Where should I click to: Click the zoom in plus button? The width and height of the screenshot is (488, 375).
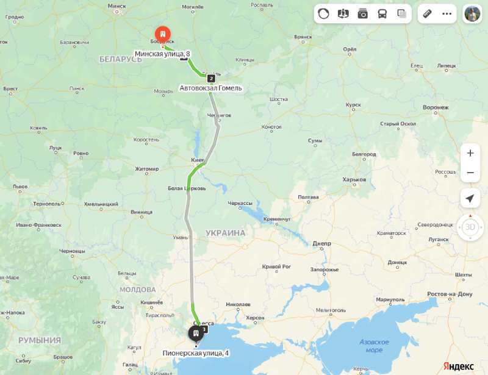[x=470, y=153]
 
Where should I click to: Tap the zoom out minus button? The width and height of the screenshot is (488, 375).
[x=470, y=173]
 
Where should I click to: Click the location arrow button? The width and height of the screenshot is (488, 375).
[x=470, y=198]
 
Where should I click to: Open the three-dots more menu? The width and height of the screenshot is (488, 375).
[x=447, y=13]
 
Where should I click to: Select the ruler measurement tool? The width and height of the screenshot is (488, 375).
[x=427, y=13]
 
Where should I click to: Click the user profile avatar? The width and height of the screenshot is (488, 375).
[x=472, y=13]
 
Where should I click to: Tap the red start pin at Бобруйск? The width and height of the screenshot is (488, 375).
[x=162, y=34]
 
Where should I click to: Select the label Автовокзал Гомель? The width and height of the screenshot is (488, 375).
[x=210, y=88]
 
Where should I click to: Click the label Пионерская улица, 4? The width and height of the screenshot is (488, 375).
[x=196, y=353]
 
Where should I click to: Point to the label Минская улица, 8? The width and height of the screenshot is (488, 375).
[x=158, y=54]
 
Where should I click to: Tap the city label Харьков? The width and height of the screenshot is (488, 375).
[x=354, y=180]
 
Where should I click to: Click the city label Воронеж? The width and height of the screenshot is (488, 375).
[x=436, y=107]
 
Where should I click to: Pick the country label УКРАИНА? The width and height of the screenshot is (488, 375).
[x=225, y=233]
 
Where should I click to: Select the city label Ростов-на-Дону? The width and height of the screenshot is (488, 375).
[x=449, y=294]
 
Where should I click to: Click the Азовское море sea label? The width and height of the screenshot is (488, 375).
[x=374, y=346]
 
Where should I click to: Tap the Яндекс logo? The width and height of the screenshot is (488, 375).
[x=458, y=365]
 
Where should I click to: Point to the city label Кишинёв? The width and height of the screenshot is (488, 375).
[x=151, y=302]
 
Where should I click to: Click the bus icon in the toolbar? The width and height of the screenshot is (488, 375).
[x=382, y=13]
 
